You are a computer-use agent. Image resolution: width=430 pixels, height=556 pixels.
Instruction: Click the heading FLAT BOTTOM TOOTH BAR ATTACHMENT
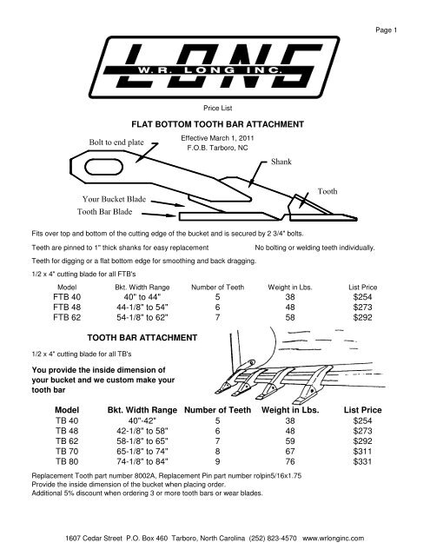click(215, 125)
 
